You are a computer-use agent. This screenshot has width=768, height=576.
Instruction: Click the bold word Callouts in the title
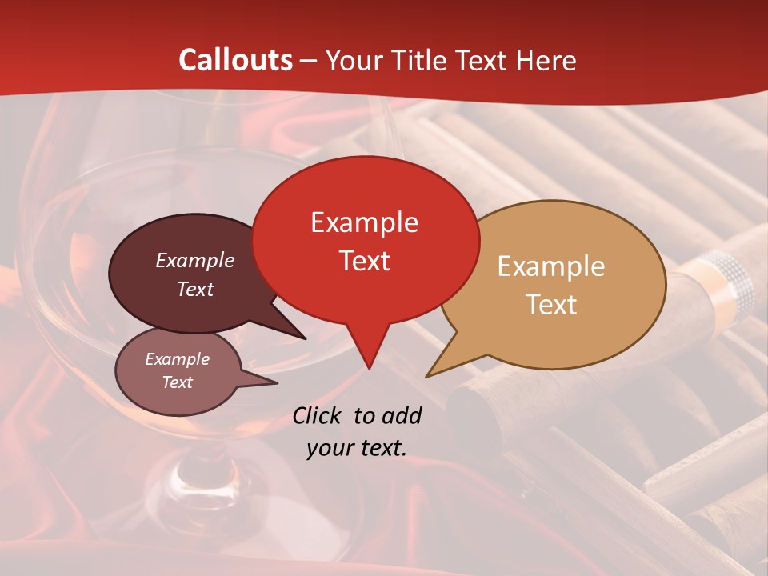(x=236, y=60)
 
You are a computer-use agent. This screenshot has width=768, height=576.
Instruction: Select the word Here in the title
(x=544, y=60)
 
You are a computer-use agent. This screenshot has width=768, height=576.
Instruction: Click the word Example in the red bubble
(x=364, y=222)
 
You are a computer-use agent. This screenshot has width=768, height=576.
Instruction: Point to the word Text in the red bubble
(x=364, y=261)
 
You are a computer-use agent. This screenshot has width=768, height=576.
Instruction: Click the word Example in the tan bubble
(x=551, y=266)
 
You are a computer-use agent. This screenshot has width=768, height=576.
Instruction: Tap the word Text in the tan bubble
(x=551, y=305)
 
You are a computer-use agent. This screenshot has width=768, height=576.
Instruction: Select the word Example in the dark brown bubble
(x=194, y=261)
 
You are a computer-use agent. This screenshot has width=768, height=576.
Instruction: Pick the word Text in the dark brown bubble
(x=194, y=290)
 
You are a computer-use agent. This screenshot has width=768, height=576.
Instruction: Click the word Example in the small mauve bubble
(x=177, y=359)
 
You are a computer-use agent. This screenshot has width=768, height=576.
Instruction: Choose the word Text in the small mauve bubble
(x=177, y=382)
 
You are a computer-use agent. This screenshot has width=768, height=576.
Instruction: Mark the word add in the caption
(x=402, y=415)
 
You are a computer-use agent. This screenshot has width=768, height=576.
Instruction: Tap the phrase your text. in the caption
(x=356, y=448)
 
